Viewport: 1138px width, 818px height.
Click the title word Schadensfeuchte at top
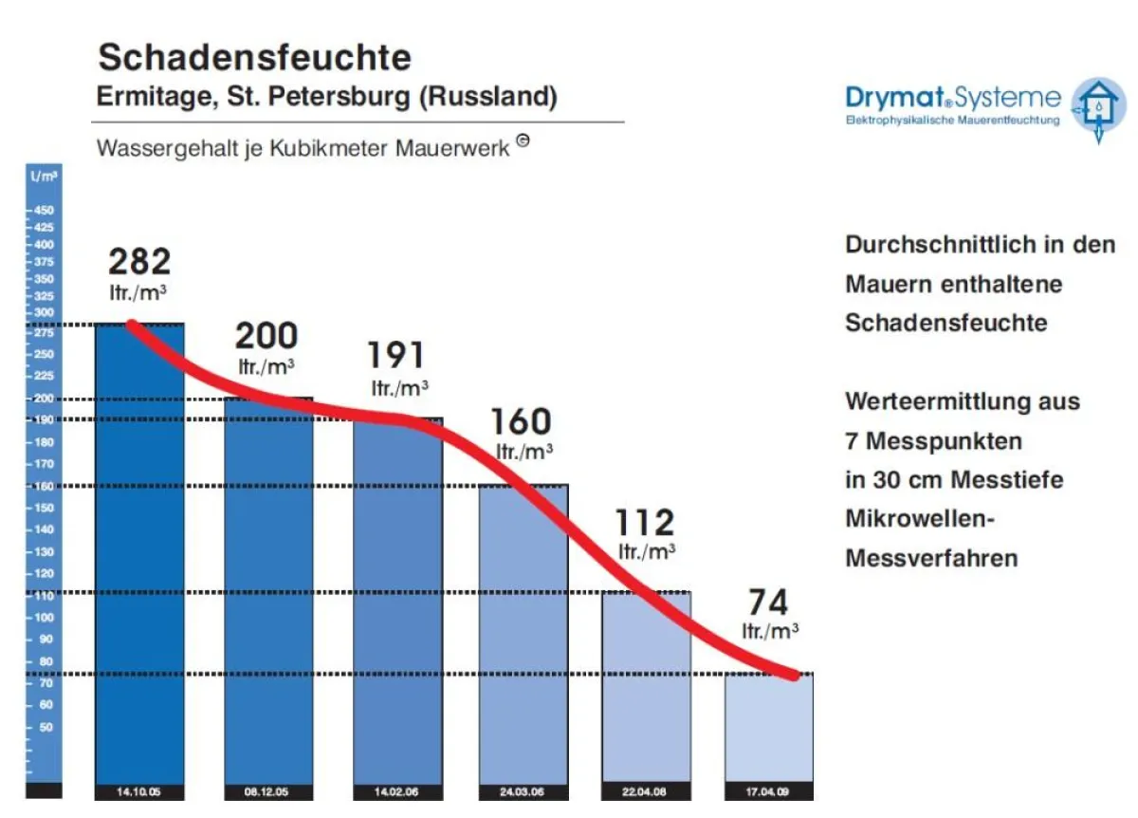tap(255, 58)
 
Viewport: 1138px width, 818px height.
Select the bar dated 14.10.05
tap(139, 550)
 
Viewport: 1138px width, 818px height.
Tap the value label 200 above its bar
tap(266, 336)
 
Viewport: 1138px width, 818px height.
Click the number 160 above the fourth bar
tap(521, 421)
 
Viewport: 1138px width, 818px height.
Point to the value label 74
tap(767, 603)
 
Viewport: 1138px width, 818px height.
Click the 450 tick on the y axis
tap(44, 211)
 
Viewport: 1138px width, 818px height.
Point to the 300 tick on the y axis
tap(44, 313)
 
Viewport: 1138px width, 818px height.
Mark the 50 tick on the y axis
tap(44, 727)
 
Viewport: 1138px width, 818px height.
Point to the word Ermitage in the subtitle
tap(150, 97)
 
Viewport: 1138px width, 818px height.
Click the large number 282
tap(139, 261)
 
